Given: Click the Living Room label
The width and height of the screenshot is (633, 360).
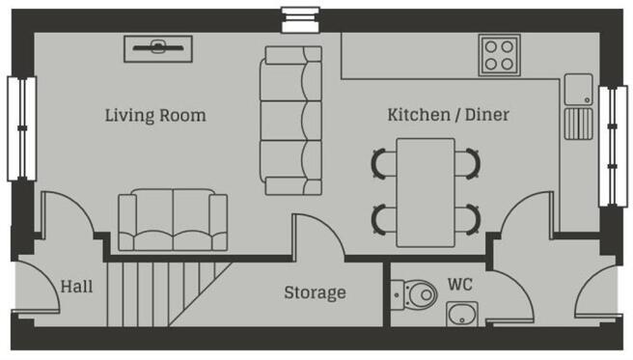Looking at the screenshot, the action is tap(155, 116).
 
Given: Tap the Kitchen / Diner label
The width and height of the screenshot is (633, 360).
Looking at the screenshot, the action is tap(448, 115).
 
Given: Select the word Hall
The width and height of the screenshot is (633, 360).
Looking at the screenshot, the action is tap(76, 287).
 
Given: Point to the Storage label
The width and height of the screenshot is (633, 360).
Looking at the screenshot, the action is tap(315, 293).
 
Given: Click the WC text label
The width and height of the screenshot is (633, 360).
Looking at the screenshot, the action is tap(460, 285).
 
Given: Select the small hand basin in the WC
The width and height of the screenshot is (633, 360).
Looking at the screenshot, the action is tap(462, 314).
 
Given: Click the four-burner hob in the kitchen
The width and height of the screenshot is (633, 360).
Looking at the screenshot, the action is tap(500, 55).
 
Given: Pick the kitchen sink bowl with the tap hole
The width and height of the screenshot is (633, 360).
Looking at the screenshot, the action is tap(579, 89).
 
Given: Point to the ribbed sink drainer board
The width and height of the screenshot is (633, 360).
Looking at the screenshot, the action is tap(579, 124).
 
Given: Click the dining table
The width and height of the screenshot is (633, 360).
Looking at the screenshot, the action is tap(426, 192).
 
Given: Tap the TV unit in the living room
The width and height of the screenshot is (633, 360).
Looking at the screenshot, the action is tap(158, 49).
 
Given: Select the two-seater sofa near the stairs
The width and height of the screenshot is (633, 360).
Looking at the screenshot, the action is tap(173, 219).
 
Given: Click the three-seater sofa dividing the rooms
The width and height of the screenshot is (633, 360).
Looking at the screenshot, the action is tap(290, 121).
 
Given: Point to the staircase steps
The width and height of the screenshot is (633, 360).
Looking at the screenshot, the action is tap(169, 293).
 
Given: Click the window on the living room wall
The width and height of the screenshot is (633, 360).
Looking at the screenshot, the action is tap(22, 128).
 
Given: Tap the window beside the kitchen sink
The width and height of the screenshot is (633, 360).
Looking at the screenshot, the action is tap(613, 146).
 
